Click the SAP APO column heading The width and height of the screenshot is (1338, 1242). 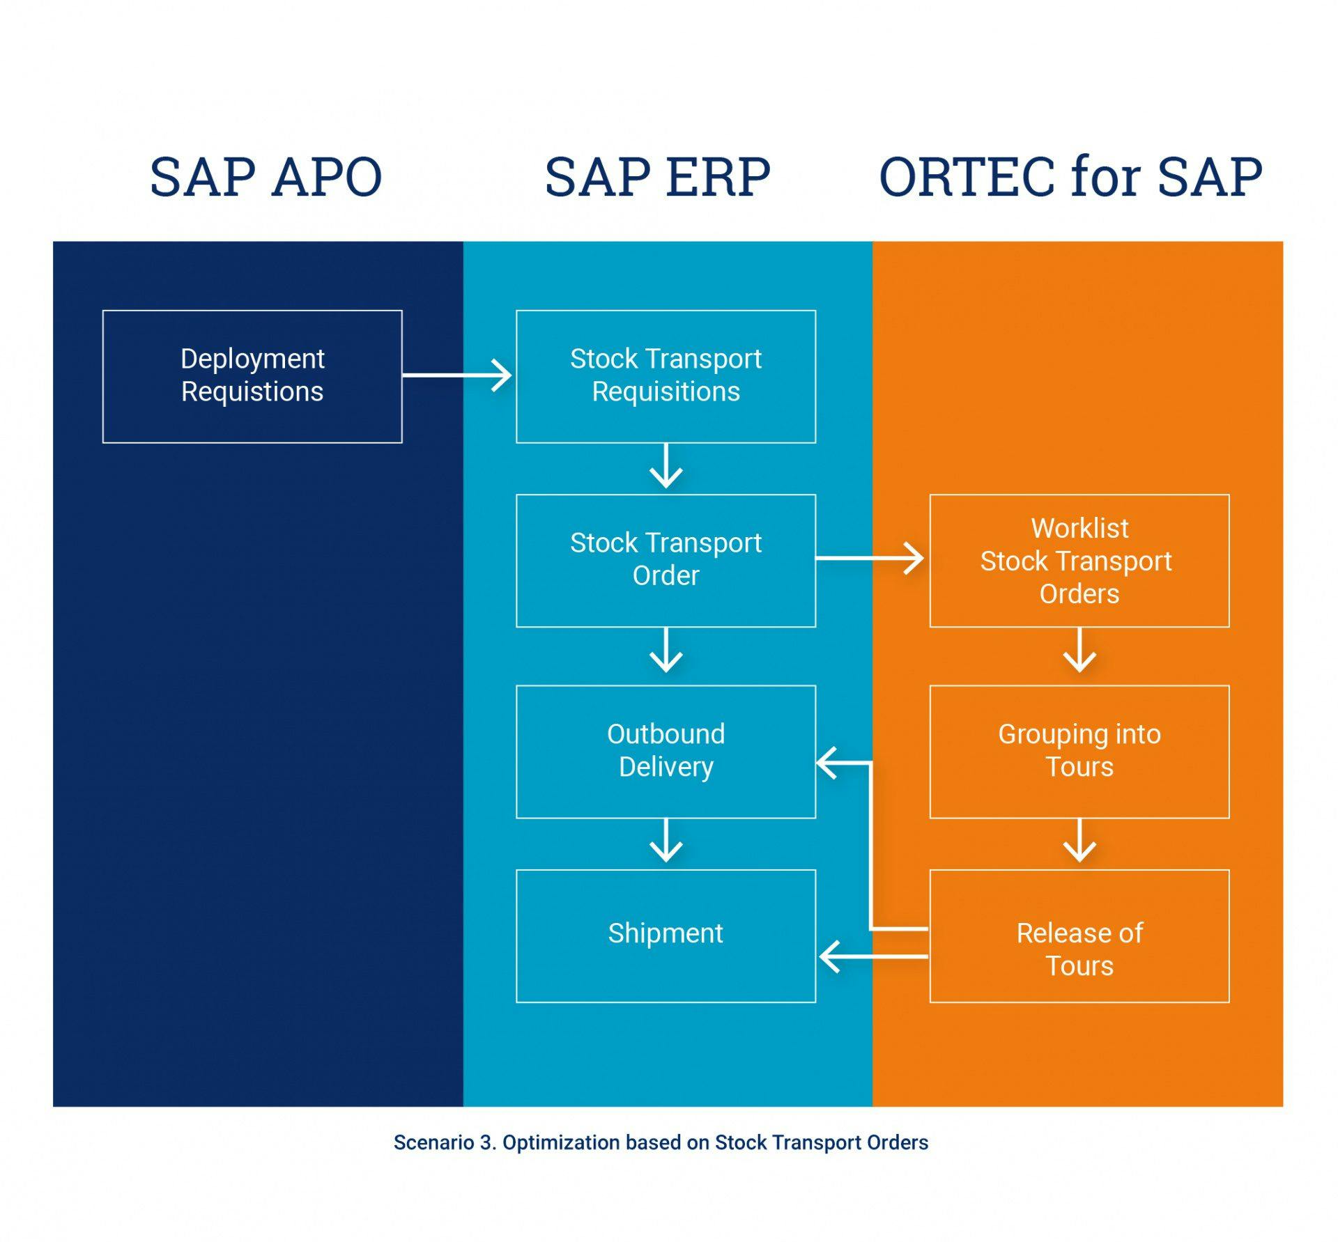click(x=266, y=177)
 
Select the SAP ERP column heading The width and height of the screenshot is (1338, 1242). click(x=657, y=177)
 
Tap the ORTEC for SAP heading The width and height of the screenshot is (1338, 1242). click(x=1070, y=177)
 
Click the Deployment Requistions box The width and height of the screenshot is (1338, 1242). click(x=252, y=376)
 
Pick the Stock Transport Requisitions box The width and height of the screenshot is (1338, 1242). click(x=666, y=376)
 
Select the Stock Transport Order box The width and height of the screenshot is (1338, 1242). click(x=666, y=560)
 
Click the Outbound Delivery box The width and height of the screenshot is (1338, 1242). click(x=666, y=751)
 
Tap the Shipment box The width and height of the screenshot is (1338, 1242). click(x=666, y=935)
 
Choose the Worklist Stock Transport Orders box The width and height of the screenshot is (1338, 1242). click(x=1079, y=560)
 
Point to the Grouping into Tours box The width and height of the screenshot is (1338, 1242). click(x=1079, y=751)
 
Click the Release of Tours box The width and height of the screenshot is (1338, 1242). click(x=1079, y=935)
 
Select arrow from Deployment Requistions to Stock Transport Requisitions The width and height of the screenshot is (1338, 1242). click(x=457, y=375)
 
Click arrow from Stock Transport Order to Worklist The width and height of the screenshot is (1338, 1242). click(x=870, y=558)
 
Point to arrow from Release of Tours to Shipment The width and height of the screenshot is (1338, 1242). click(x=874, y=956)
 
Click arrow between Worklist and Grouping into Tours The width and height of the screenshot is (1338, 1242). click(x=1079, y=651)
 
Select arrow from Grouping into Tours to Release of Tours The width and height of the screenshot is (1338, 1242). click(x=1079, y=841)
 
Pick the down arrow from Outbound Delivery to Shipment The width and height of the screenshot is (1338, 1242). click(x=666, y=841)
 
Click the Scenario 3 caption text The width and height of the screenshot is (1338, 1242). click(x=661, y=1143)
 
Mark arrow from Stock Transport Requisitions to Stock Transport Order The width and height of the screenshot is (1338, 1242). click(x=666, y=466)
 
